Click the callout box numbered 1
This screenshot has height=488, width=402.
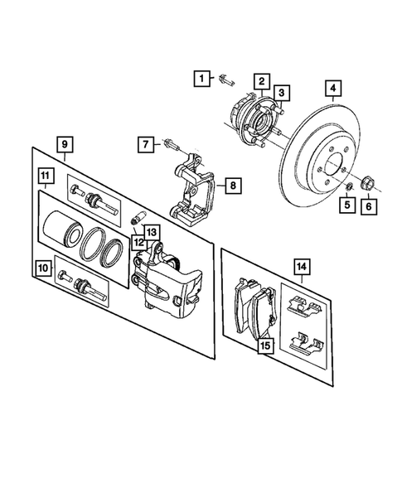pyautogui.click(x=201, y=79)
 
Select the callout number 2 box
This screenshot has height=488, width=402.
pyautogui.click(x=260, y=80)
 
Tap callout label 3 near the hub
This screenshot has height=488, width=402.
pyautogui.click(x=282, y=92)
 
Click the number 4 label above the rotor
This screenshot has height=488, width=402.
pyautogui.click(x=333, y=89)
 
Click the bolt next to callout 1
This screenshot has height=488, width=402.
pyautogui.click(x=227, y=80)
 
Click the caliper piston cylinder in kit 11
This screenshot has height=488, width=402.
pyautogui.click(x=63, y=231)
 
